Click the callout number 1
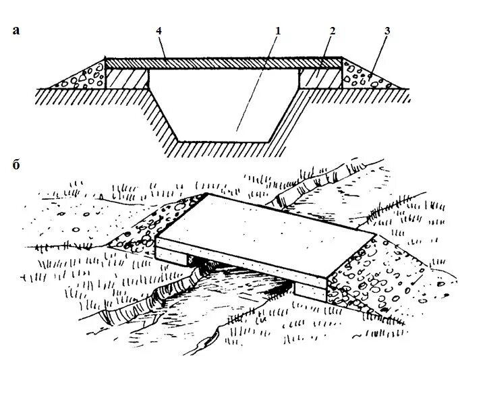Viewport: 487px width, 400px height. tap(277, 30)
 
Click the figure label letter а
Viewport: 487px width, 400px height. tap(16, 30)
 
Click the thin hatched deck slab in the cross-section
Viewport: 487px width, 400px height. tap(223, 63)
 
